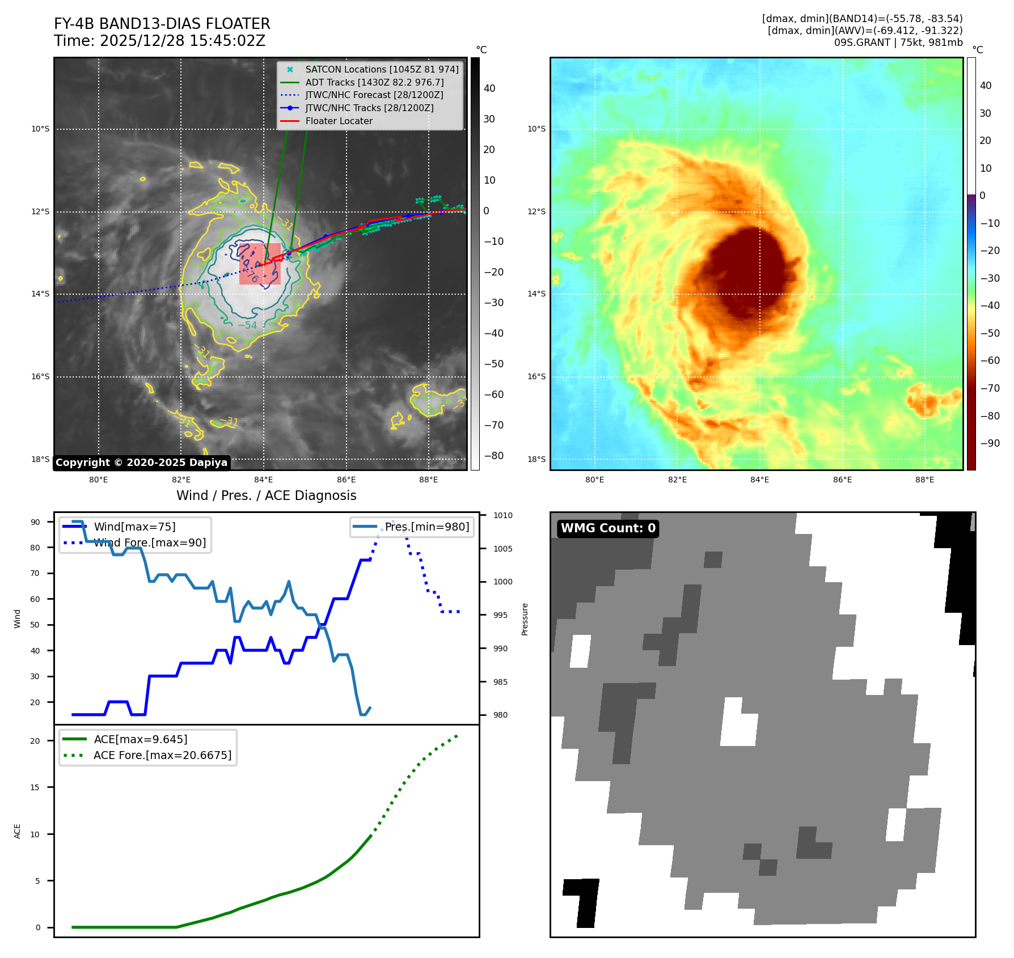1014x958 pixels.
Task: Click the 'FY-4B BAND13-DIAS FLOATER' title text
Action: pos(162,24)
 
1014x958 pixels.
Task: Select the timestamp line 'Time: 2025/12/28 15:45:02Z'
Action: pos(159,41)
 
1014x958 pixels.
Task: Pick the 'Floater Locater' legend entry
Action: pos(339,121)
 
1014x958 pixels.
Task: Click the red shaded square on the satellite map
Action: pos(260,264)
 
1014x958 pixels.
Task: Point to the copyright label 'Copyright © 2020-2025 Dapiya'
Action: pos(141,463)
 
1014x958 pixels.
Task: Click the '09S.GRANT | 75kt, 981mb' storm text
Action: pos(898,43)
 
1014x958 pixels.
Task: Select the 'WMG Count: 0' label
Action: pos(608,528)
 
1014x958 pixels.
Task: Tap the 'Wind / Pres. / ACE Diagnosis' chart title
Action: pos(266,495)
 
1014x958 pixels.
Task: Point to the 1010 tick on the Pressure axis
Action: pos(502,515)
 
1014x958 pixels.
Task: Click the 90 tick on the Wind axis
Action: pos(36,522)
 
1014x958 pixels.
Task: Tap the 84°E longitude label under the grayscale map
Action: pos(263,480)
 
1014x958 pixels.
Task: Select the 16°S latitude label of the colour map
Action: pos(536,376)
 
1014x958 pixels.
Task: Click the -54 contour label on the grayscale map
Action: pos(247,325)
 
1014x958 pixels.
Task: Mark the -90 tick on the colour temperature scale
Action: pos(990,443)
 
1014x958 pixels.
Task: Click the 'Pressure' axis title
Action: pos(525,619)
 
